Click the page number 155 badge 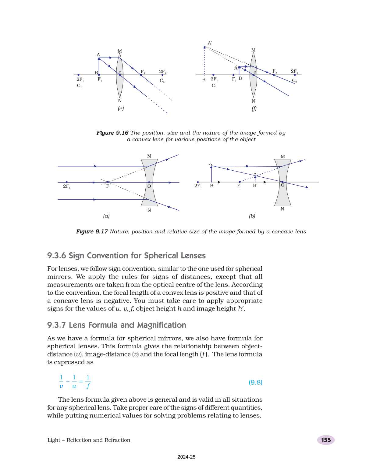[326, 440]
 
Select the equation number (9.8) [255, 382]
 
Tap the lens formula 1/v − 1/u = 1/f [75, 382]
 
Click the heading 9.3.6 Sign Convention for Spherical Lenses [126, 255]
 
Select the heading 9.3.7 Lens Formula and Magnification [116, 325]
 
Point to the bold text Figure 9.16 [112, 133]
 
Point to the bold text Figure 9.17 [92, 231]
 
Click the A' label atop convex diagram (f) [210, 43]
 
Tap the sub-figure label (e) [121, 108]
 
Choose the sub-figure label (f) [254, 108]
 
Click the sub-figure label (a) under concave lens [106, 216]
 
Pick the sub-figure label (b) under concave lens [252, 216]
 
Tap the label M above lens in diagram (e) [119, 51]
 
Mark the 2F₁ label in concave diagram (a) [66, 186]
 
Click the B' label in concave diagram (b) [255, 186]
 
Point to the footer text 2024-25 [186, 457]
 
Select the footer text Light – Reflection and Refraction [89, 440]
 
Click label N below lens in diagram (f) [253, 101]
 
